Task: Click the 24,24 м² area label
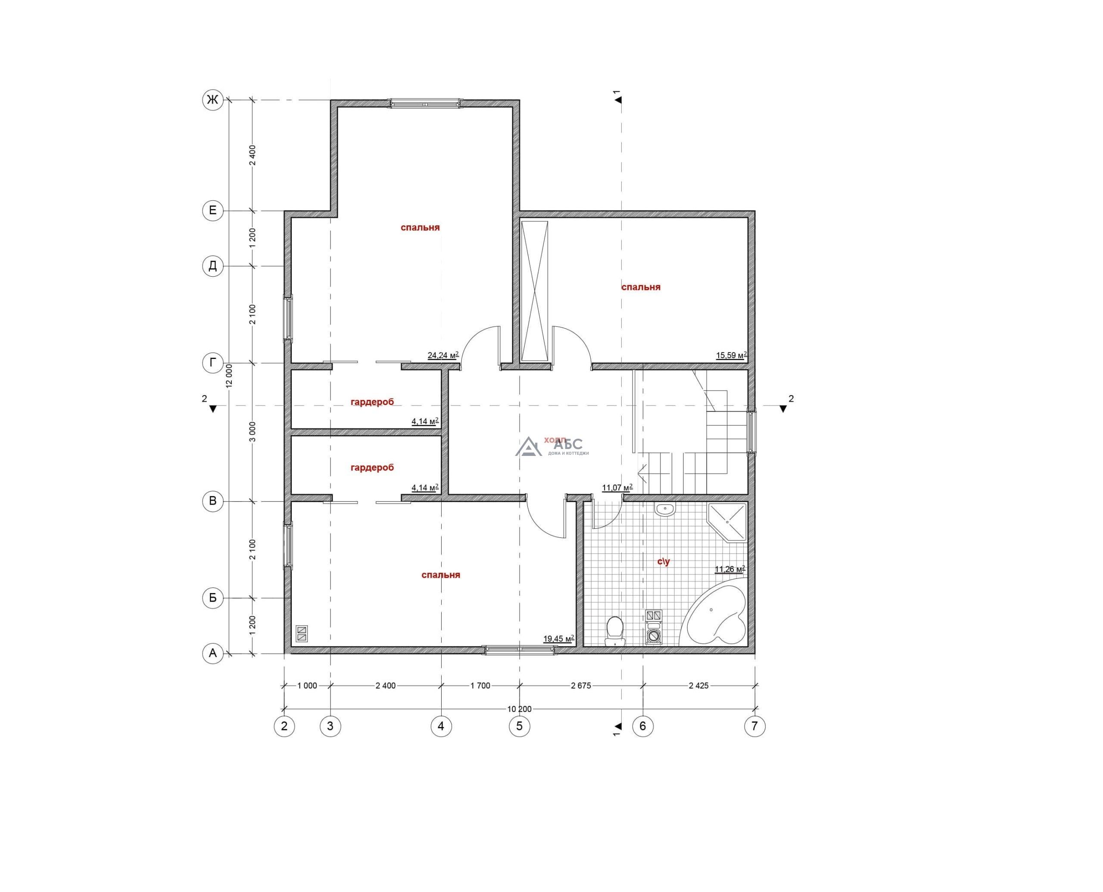[x=443, y=355]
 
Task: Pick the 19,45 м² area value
[x=558, y=639]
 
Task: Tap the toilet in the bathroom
[x=614, y=631]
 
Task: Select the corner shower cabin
[x=727, y=522]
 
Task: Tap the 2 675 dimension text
[x=581, y=686]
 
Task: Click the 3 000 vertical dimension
[x=252, y=432]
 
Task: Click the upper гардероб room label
[x=372, y=402]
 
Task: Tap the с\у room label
[x=663, y=561]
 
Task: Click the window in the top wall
[x=425, y=104]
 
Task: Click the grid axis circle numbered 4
[x=441, y=726]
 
